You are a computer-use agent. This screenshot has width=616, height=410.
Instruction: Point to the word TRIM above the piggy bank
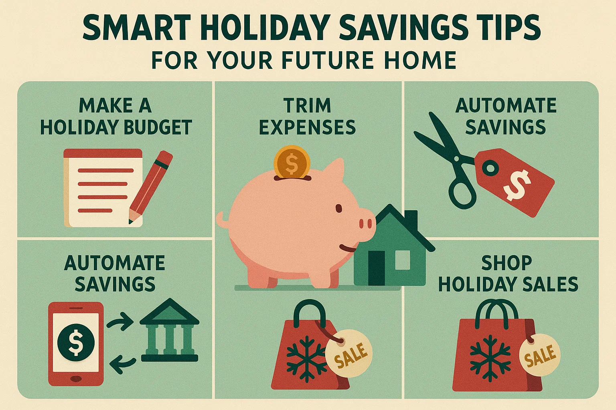point(307,106)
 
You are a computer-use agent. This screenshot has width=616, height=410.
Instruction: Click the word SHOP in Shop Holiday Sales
point(507,263)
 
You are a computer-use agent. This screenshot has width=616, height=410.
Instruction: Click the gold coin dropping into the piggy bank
point(292,162)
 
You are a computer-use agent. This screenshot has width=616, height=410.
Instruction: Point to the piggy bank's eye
point(339,208)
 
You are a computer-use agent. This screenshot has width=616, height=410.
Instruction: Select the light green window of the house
point(403,259)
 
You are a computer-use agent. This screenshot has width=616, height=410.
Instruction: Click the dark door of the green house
point(376,267)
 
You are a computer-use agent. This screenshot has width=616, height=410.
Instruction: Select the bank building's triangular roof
point(169,312)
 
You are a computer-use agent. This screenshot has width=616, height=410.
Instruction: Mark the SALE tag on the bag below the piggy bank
point(349,353)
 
